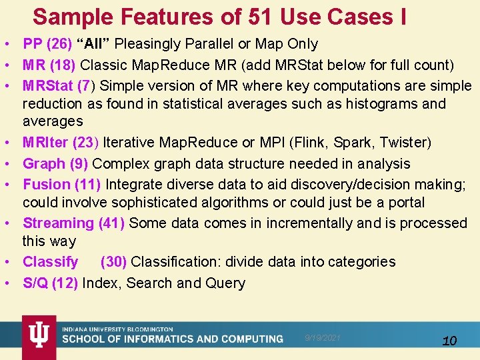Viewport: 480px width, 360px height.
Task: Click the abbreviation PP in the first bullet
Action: [33, 45]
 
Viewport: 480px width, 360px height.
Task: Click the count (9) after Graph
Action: [79, 163]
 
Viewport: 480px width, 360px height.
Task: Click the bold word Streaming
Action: [59, 223]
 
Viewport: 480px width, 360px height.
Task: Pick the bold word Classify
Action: [50, 262]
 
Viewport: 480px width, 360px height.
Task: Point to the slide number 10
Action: [449, 341]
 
